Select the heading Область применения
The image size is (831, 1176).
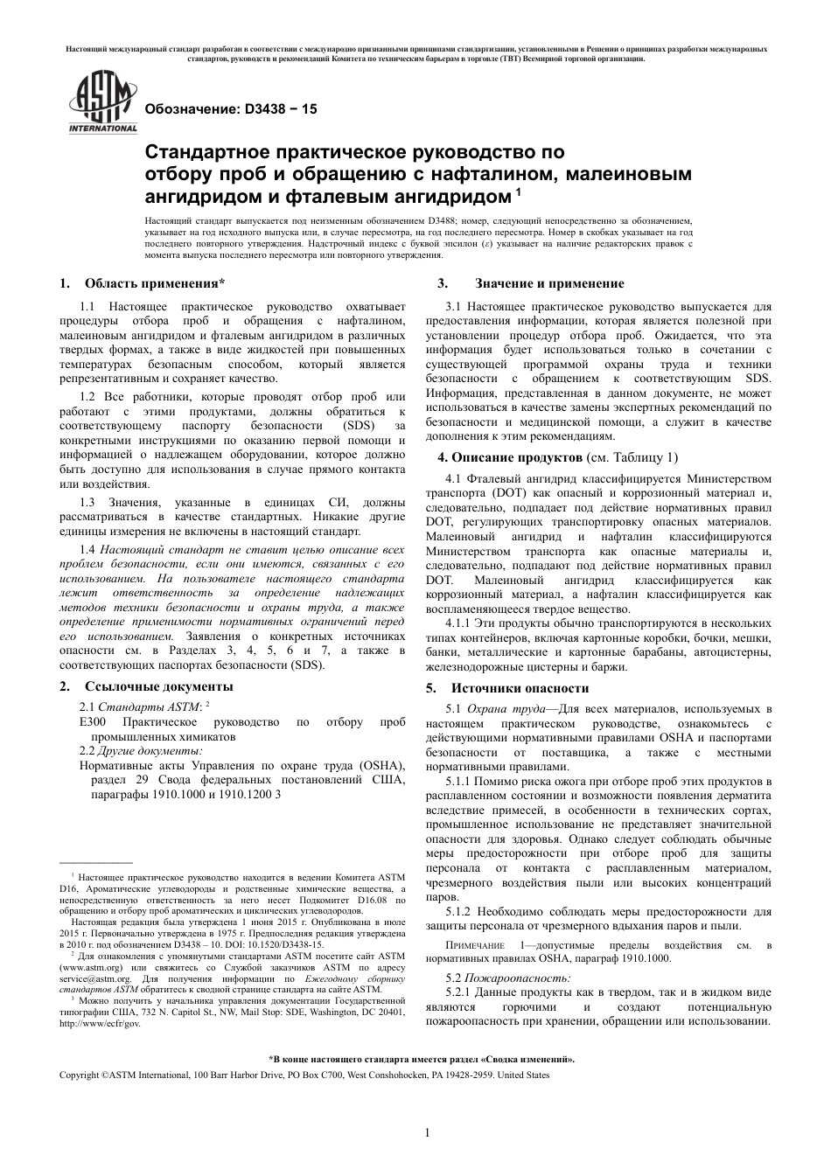point(154,283)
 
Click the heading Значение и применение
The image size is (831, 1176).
point(549,283)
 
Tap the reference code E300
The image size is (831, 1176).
point(93,722)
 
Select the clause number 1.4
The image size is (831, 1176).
point(87,550)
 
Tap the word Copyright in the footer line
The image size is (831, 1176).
point(79,1075)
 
